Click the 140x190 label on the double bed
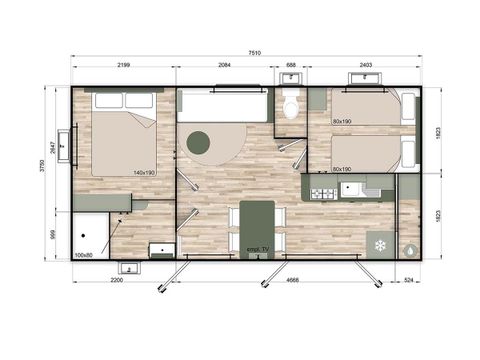(x=144, y=173)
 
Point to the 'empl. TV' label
(x=257, y=249)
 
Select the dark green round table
(x=199, y=144)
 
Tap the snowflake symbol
(x=380, y=244)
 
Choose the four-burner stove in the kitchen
(x=323, y=193)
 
